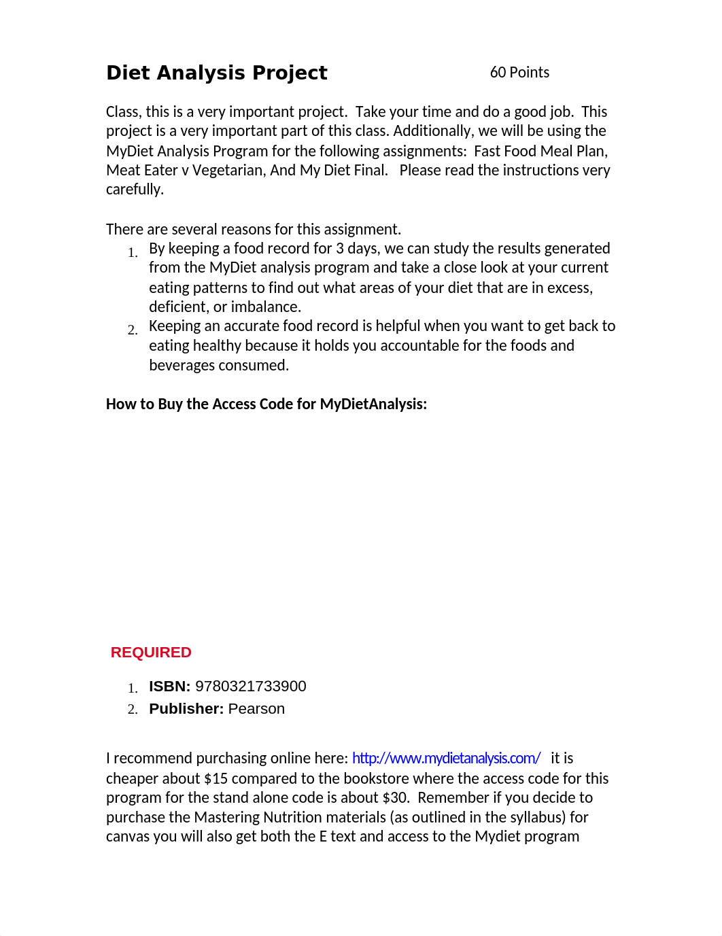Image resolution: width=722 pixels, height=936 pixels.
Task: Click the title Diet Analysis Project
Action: point(217,73)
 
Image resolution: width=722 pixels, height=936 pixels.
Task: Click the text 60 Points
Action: point(519,73)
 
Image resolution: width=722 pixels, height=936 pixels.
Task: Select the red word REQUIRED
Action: point(151,653)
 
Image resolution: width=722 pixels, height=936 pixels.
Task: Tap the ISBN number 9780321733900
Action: point(251,687)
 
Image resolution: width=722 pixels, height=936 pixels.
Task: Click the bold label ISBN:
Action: point(169,687)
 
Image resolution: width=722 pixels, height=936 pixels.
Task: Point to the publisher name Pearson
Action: point(256,709)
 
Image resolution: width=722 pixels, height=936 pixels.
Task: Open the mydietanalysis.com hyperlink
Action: point(446,759)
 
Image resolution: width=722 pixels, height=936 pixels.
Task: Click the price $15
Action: point(216,779)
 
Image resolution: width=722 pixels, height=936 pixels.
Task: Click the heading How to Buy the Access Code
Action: point(267,404)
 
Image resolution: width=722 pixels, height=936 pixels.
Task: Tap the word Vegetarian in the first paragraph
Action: point(228,171)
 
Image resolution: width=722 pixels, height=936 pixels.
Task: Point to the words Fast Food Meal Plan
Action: point(540,151)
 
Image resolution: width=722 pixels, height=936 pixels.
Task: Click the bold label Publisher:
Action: point(186,709)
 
